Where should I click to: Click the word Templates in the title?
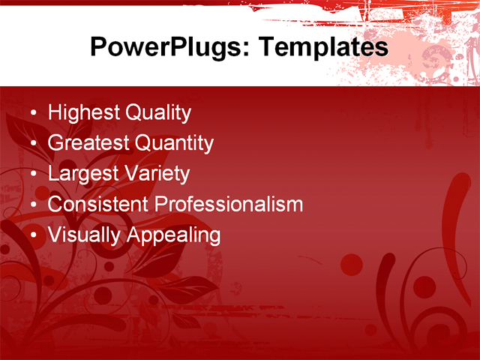pyautogui.click(x=323, y=48)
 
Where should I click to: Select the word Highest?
pyautogui.click(x=84, y=113)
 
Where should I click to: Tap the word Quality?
pyautogui.click(x=158, y=113)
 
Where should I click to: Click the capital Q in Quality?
pyautogui.click(x=133, y=113)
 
